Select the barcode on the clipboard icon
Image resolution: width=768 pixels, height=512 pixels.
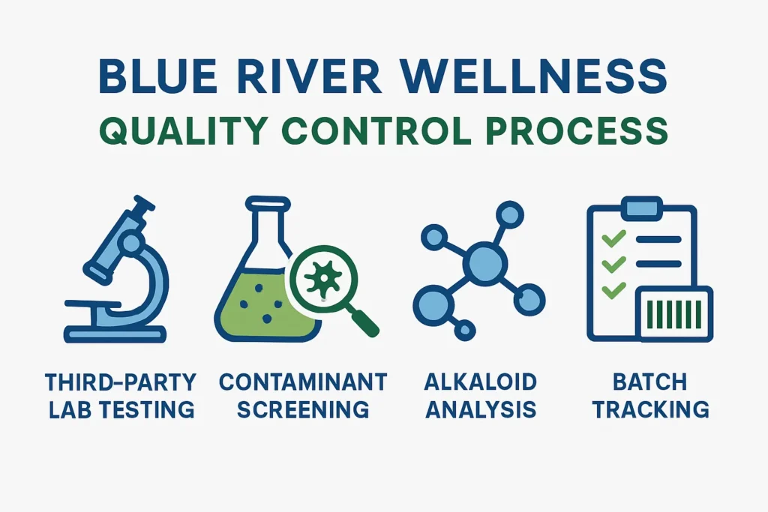tap(673, 314)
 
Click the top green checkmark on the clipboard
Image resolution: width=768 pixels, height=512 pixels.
tap(614, 239)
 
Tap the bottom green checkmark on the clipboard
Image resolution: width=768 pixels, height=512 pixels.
tap(614, 289)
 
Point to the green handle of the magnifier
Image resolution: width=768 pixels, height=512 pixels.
tap(365, 322)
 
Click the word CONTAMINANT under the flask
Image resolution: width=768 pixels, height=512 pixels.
tap(303, 382)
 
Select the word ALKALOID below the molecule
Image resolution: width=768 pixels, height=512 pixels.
tap(480, 382)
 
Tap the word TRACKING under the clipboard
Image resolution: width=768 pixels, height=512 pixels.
tap(649, 410)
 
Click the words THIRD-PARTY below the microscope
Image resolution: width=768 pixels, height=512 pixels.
tap(120, 382)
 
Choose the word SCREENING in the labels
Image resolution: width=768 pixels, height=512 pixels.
tap(303, 410)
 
